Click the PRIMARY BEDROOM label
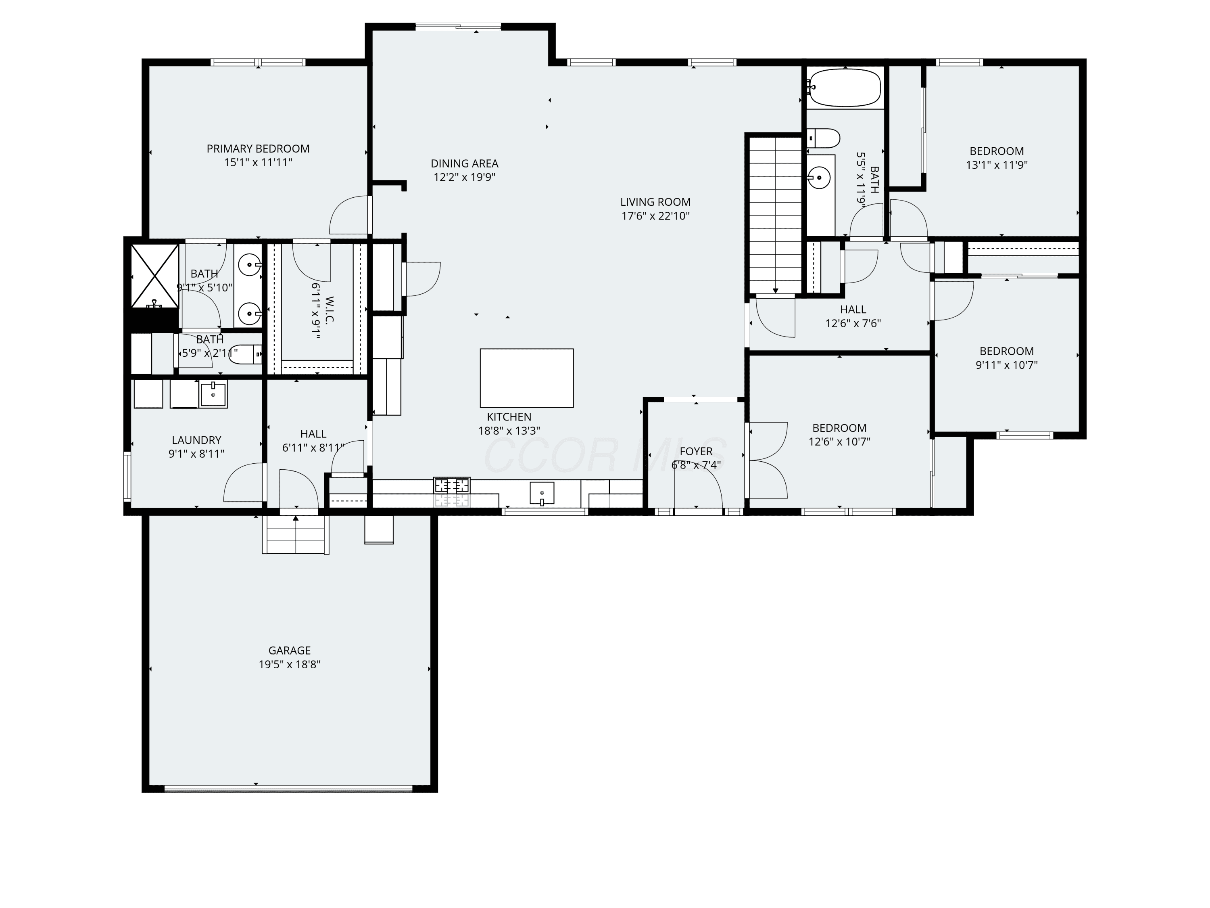258,149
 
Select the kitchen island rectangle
527,378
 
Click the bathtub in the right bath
845,88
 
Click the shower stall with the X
155,276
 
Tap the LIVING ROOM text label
655,202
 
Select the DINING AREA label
464,163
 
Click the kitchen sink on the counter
542,493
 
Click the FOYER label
696,452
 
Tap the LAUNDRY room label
196,440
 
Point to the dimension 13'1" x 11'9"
997,165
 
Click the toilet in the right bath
823,138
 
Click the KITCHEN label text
509,417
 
